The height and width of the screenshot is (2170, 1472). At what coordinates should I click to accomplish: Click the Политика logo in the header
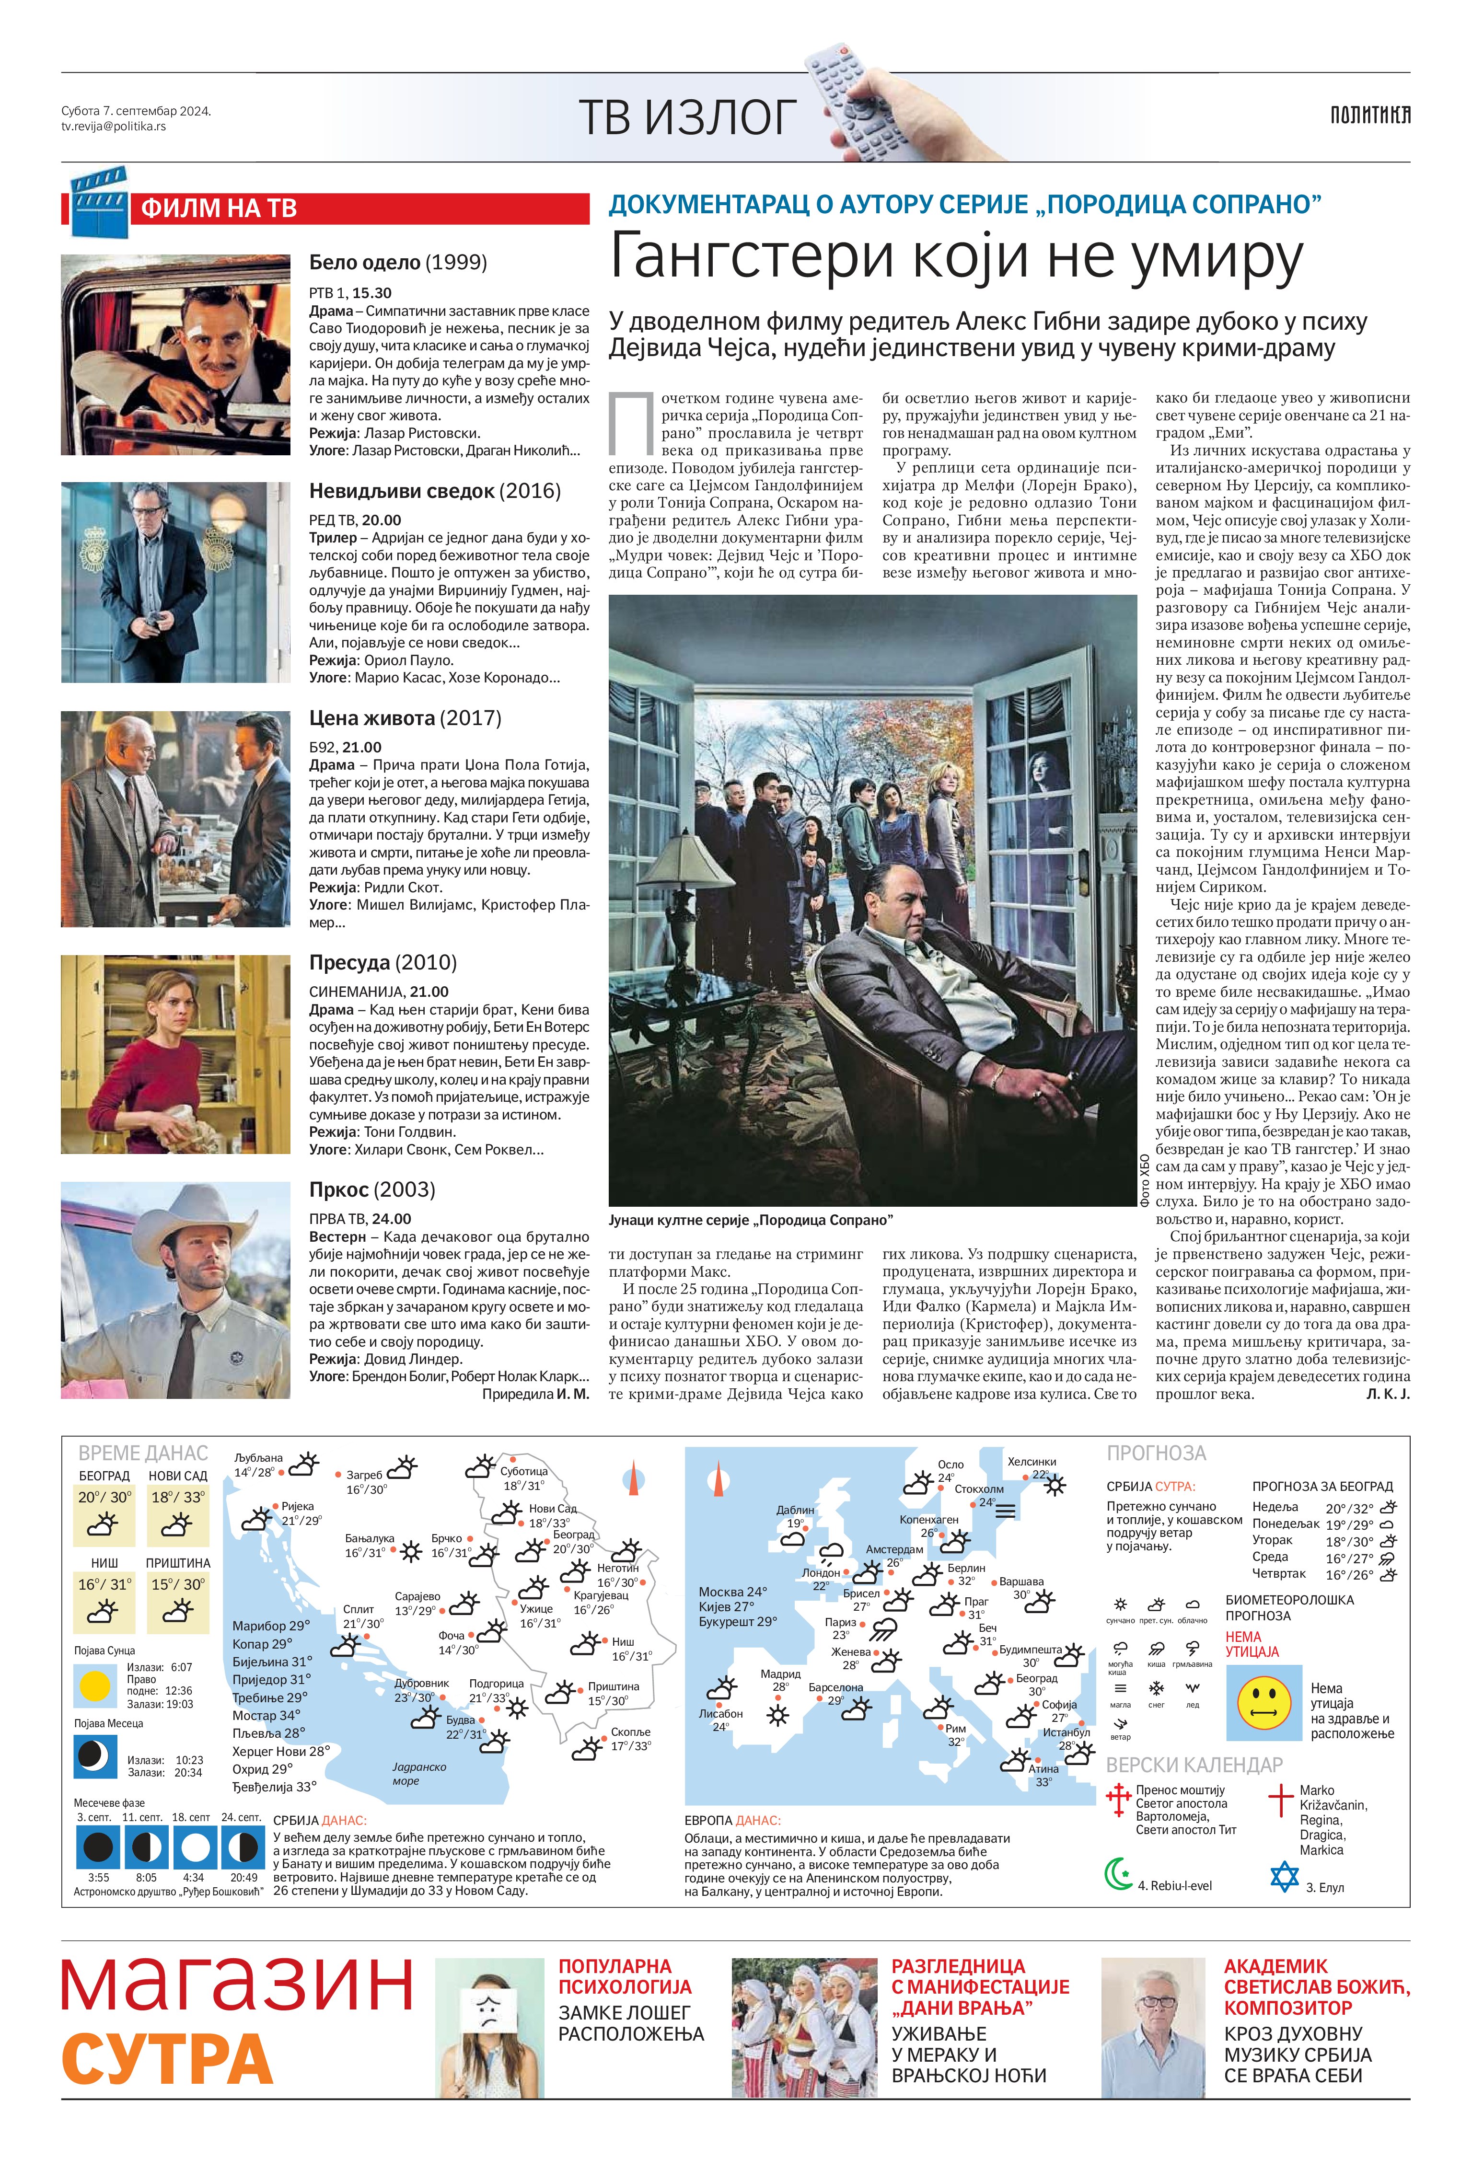(1369, 115)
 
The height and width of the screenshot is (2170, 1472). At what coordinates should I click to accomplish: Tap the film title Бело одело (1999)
(398, 262)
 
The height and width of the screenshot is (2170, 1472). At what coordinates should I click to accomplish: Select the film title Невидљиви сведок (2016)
(434, 491)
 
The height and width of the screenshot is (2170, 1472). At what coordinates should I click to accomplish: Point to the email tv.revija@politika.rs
(114, 126)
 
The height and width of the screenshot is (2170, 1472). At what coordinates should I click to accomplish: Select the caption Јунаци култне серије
(750, 1220)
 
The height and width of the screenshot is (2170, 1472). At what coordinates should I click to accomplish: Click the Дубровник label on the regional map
(421, 1684)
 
